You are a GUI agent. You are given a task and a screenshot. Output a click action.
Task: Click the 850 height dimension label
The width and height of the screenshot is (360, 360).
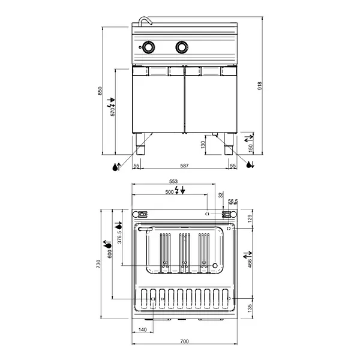pos(101,89)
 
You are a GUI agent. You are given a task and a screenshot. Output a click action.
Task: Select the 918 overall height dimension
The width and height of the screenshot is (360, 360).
pos(259,86)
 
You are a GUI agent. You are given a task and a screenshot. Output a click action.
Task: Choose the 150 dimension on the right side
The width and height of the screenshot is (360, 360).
pos(251,146)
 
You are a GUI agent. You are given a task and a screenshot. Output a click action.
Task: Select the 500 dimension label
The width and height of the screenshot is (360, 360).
pos(169,191)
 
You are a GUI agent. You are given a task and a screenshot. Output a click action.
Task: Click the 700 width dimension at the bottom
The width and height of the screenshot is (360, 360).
pos(185,341)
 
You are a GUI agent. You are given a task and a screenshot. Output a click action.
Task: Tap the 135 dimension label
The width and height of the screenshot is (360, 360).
pos(250,308)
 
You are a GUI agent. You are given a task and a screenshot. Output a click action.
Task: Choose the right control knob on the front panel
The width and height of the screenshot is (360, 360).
pos(180,46)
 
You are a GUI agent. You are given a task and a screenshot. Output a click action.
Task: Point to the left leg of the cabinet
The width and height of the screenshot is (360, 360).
pos(140,140)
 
